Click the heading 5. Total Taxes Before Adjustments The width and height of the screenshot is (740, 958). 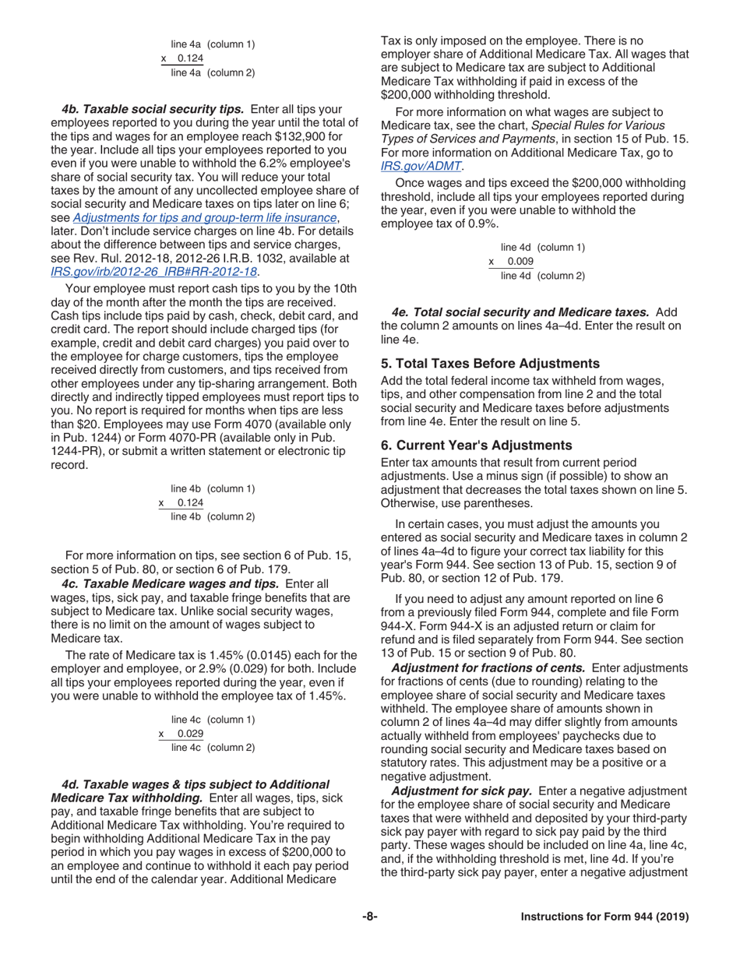point(491,363)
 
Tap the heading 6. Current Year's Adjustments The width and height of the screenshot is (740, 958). point(476,446)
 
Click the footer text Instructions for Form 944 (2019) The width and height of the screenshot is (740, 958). point(604,939)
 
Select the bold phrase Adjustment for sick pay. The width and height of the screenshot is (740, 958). point(460,791)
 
